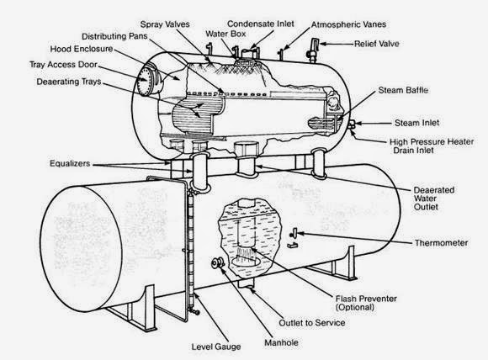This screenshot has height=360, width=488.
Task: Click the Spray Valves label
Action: click(x=165, y=24)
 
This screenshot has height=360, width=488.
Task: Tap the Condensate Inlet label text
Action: click(x=261, y=24)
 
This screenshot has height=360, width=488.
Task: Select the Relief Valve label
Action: click(x=377, y=44)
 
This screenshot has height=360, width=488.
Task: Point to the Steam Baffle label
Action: click(x=403, y=90)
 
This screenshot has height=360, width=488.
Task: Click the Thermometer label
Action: click(x=441, y=243)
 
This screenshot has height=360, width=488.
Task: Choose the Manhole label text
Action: click(x=281, y=342)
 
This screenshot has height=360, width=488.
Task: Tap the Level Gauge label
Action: click(x=216, y=347)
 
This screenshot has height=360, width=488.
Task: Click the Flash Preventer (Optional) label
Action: click(x=366, y=303)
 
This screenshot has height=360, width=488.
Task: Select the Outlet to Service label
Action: click(x=312, y=323)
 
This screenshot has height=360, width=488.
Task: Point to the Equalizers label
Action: click(x=70, y=164)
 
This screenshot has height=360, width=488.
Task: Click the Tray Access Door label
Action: click(x=63, y=65)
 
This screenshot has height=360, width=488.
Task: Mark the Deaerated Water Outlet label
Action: click(x=434, y=199)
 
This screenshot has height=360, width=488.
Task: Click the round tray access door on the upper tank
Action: click(x=146, y=80)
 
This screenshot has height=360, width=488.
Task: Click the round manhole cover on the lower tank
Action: click(x=218, y=263)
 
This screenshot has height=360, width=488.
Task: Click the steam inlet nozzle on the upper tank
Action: click(x=352, y=124)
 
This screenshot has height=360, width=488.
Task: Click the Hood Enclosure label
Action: click(x=82, y=49)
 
